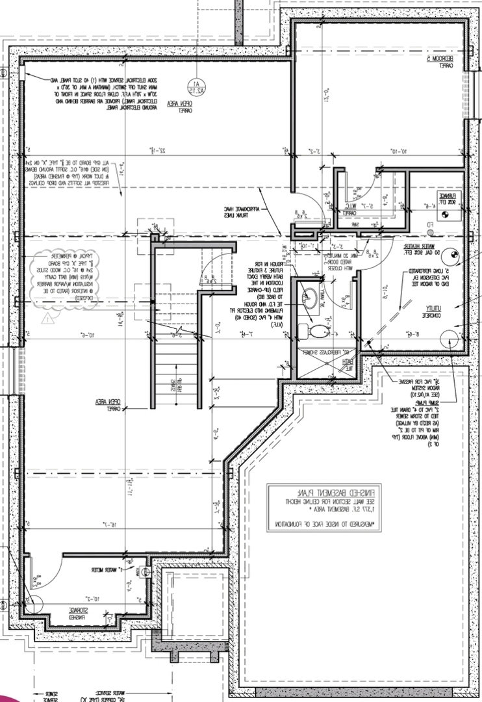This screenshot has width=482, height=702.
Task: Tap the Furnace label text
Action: [x=448, y=197]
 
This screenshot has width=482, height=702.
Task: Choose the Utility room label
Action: [x=430, y=311]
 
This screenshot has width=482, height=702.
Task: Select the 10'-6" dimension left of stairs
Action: [x=87, y=335]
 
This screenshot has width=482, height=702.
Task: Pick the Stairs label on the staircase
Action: [x=175, y=385]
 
